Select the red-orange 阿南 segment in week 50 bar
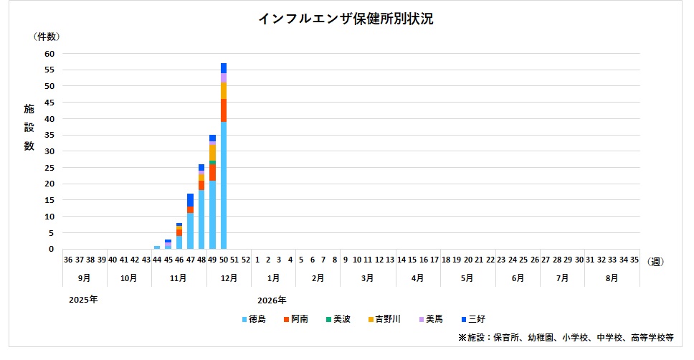tap(224, 110)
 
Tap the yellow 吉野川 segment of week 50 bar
tap(224, 90)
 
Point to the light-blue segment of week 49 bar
tap(212, 214)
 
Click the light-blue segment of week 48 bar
tap(201, 219)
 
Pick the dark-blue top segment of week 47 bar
tap(190, 200)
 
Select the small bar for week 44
tap(157, 247)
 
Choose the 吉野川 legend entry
tap(386, 318)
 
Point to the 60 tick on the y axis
tap(49, 54)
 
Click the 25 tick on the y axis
tap(49, 168)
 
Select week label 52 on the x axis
tap(245, 260)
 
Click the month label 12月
tap(229, 277)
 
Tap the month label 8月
tap(612, 277)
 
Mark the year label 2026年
tap(272, 300)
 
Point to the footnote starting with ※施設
tap(566, 337)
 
